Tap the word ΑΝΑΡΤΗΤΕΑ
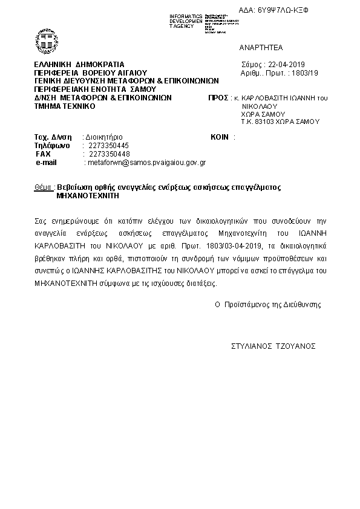click(261, 47)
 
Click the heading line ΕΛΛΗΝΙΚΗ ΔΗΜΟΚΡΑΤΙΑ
click(79, 64)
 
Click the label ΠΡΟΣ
click(217, 97)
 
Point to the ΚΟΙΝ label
click(220, 137)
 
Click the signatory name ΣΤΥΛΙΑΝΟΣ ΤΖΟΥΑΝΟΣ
click(273, 347)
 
